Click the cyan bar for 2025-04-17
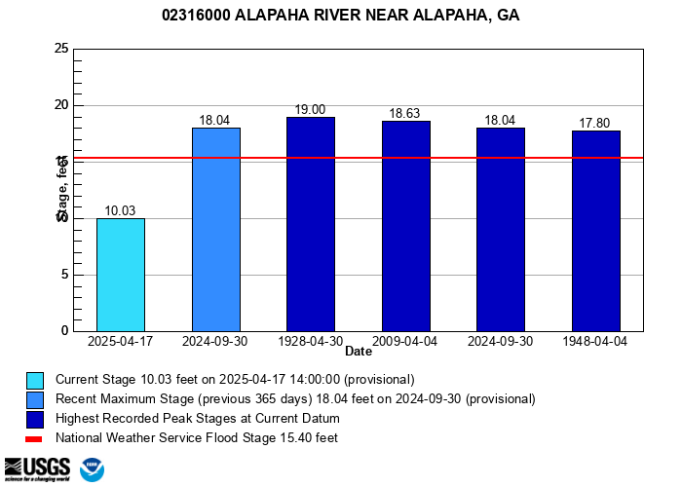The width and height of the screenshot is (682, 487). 121,275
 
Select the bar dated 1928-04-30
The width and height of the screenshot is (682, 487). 311,224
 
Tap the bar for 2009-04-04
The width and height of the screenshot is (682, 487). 405,226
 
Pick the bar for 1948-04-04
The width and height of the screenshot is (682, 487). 595,231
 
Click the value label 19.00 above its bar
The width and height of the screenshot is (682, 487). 311,110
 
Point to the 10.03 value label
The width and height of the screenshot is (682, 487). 121,211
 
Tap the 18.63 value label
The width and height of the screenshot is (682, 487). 405,114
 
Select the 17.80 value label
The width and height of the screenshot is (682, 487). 595,124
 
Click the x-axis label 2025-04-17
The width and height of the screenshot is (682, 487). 121,342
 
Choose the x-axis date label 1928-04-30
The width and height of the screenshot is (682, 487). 311,342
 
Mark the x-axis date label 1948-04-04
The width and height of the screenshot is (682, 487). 595,342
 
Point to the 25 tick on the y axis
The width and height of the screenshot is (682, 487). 61,49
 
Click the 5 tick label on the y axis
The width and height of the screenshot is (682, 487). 64,275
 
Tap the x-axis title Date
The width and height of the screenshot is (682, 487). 359,352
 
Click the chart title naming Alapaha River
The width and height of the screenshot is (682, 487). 340,17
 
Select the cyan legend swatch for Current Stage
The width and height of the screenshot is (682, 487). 35,380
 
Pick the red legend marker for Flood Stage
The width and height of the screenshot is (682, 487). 35,438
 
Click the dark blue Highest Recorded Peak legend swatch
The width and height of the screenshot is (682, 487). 35,419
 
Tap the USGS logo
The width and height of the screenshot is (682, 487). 37,469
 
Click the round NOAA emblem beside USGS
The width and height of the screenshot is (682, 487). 93,470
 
